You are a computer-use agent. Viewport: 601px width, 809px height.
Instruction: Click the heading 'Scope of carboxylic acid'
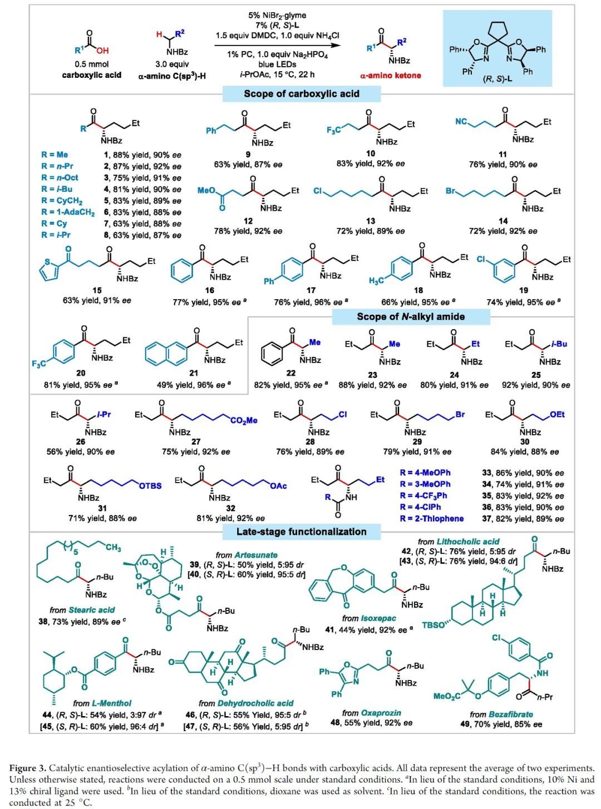[302, 93]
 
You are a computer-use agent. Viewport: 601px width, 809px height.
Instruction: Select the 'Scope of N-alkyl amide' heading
[411, 317]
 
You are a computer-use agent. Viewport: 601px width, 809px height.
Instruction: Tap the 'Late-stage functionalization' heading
[302, 532]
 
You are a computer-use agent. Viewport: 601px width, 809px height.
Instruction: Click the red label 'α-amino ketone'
[391, 75]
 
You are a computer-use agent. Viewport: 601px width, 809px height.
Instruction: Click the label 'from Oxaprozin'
[371, 713]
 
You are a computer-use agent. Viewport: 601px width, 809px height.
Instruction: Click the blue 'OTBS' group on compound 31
[150, 486]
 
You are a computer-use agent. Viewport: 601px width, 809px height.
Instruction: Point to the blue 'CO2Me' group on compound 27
[244, 421]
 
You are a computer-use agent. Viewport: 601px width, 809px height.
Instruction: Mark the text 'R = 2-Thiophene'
[431, 519]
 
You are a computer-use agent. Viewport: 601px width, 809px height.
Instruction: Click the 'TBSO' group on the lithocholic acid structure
[433, 625]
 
